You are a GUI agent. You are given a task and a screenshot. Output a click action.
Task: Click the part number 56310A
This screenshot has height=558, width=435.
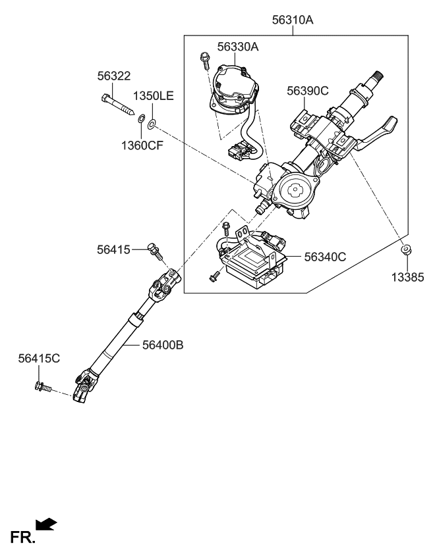293,20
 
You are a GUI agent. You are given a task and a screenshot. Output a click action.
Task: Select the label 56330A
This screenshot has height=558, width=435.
238,47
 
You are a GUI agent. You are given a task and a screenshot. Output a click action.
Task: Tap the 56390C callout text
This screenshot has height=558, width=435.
307,91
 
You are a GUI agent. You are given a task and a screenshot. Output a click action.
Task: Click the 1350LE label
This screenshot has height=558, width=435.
153,96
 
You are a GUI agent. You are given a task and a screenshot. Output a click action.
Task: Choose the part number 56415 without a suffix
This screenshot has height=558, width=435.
113,249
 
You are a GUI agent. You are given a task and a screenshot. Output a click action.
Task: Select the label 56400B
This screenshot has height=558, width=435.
161,343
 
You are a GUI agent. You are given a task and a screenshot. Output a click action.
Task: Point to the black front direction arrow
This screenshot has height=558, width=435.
45,524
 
